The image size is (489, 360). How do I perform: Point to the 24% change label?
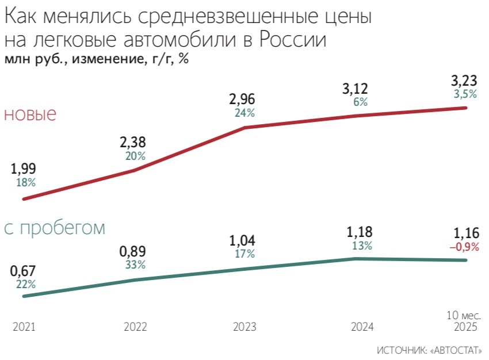[244, 113]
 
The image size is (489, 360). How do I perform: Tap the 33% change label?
[135, 265]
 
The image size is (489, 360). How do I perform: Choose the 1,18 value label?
[360, 233]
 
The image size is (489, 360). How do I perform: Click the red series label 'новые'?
[30, 114]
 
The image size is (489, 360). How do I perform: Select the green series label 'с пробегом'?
[55, 228]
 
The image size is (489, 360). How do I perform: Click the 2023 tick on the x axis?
[244, 327]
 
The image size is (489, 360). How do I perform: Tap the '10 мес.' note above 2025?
[464, 315]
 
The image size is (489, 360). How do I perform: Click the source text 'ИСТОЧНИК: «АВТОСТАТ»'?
[430, 350]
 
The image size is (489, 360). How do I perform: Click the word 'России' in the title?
[293, 41]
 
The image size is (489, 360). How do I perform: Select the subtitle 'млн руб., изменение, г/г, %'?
[97, 59]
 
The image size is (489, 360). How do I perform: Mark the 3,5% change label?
[465, 94]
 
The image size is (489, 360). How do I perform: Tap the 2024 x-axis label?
[361, 327]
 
